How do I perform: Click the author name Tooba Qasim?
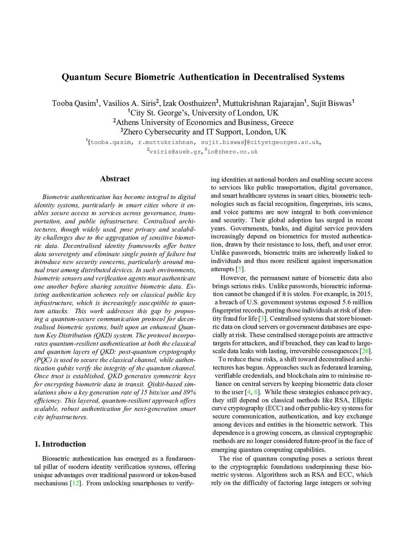[73, 103]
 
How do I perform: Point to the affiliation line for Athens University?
[203, 122]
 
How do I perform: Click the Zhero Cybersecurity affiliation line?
[203, 132]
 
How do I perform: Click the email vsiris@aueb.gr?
[174, 151]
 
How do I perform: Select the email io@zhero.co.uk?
[233, 151]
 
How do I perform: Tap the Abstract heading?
[115, 179]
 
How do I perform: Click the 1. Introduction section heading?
[60, 444]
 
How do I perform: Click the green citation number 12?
[76, 483]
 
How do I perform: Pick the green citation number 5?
[240, 269]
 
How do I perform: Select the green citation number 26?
[366, 351]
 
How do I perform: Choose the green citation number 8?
[256, 392]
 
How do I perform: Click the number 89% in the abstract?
[189, 392]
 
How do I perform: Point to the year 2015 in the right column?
[365, 294]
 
